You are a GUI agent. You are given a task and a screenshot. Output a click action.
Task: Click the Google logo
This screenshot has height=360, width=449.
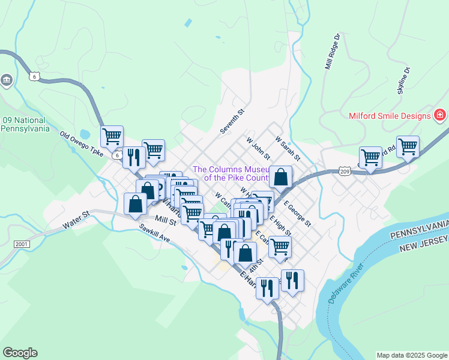pyautogui.click(x=20, y=353)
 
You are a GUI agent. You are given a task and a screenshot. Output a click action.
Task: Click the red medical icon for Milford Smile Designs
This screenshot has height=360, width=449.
pyautogui.click(x=440, y=115)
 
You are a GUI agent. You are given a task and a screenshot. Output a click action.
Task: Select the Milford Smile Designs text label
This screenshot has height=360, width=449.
pyautogui.click(x=389, y=115)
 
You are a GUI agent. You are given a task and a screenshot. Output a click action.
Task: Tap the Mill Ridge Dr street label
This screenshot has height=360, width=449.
pyautogui.click(x=333, y=52)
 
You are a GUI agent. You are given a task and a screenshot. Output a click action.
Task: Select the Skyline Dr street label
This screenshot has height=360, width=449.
pyautogui.click(x=403, y=81)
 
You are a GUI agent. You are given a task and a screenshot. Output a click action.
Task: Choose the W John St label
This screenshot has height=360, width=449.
pyautogui.click(x=259, y=148)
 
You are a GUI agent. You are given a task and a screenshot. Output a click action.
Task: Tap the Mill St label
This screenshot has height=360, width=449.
pyautogui.click(x=164, y=221)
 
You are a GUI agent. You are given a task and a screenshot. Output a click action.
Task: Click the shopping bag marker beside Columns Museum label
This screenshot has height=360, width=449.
pyautogui.click(x=280, y=177)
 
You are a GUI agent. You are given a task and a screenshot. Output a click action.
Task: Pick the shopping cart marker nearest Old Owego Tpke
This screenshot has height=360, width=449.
pyautogui.click(x=112, y=137)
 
